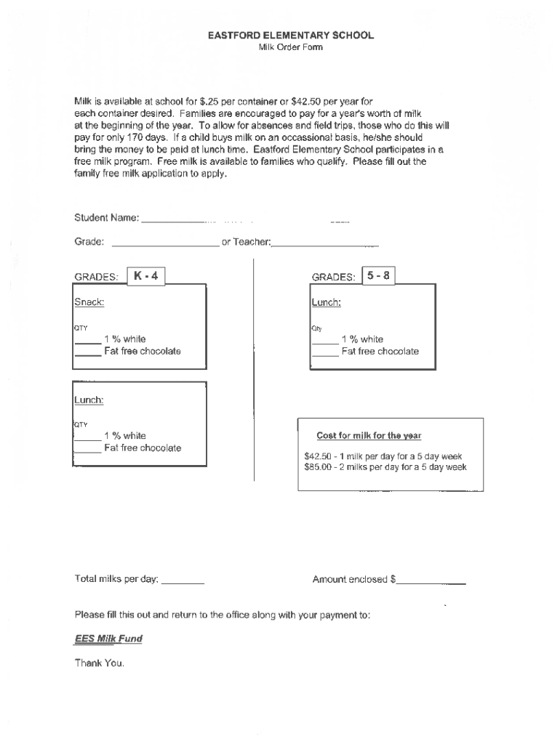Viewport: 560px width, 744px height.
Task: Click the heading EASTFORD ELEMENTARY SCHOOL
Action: (291, 35)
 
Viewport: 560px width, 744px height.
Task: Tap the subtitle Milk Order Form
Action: (290, 47)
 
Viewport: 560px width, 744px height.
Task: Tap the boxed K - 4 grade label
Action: (146, 276)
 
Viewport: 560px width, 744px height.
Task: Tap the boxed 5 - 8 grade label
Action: (378, 276)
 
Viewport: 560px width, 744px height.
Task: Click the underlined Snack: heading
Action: (89, 302)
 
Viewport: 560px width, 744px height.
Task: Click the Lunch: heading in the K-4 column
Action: (89, 400)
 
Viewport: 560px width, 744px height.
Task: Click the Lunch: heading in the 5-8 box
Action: (327, 302)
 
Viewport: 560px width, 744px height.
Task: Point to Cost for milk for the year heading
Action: (369, 436)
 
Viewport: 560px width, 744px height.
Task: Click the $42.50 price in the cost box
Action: (318, 456)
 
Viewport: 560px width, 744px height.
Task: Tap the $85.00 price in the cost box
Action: (318, 467)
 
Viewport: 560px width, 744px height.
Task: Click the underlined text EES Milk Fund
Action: (108, 639)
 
